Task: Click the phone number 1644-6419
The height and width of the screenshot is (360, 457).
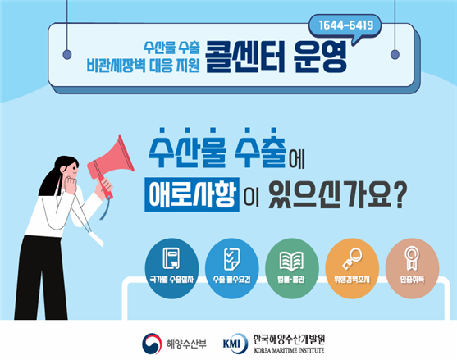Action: (x=346, y=25)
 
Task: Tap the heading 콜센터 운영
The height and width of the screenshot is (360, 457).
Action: (x=276, y=57)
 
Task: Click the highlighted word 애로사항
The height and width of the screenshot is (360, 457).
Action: (x=192, y=194)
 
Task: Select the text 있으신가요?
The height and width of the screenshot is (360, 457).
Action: (x=337, y=194)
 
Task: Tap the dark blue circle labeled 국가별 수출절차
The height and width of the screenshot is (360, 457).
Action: (x=171, y=268)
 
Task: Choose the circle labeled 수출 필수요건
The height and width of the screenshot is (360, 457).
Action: (x=231, y=268)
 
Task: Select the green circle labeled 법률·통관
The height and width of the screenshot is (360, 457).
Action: (x=292, y=268)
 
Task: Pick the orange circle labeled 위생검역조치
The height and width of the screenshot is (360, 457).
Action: (x=352, y=268)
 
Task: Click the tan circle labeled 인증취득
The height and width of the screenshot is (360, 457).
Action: (x=412, y=268)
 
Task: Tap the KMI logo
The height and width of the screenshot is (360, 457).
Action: (x=235, y=344)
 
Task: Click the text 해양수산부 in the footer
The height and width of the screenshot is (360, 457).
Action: (x=186, y=344)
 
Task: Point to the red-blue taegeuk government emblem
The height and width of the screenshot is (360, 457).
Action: (x=152, y=344)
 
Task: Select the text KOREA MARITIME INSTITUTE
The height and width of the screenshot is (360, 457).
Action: (x=289, y=350)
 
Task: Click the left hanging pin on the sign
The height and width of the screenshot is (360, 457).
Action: (x=67, y=54)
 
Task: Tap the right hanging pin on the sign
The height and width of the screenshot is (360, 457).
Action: (x=395, y=54)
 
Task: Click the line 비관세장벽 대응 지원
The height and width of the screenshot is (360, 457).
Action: (x=143, y=66)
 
